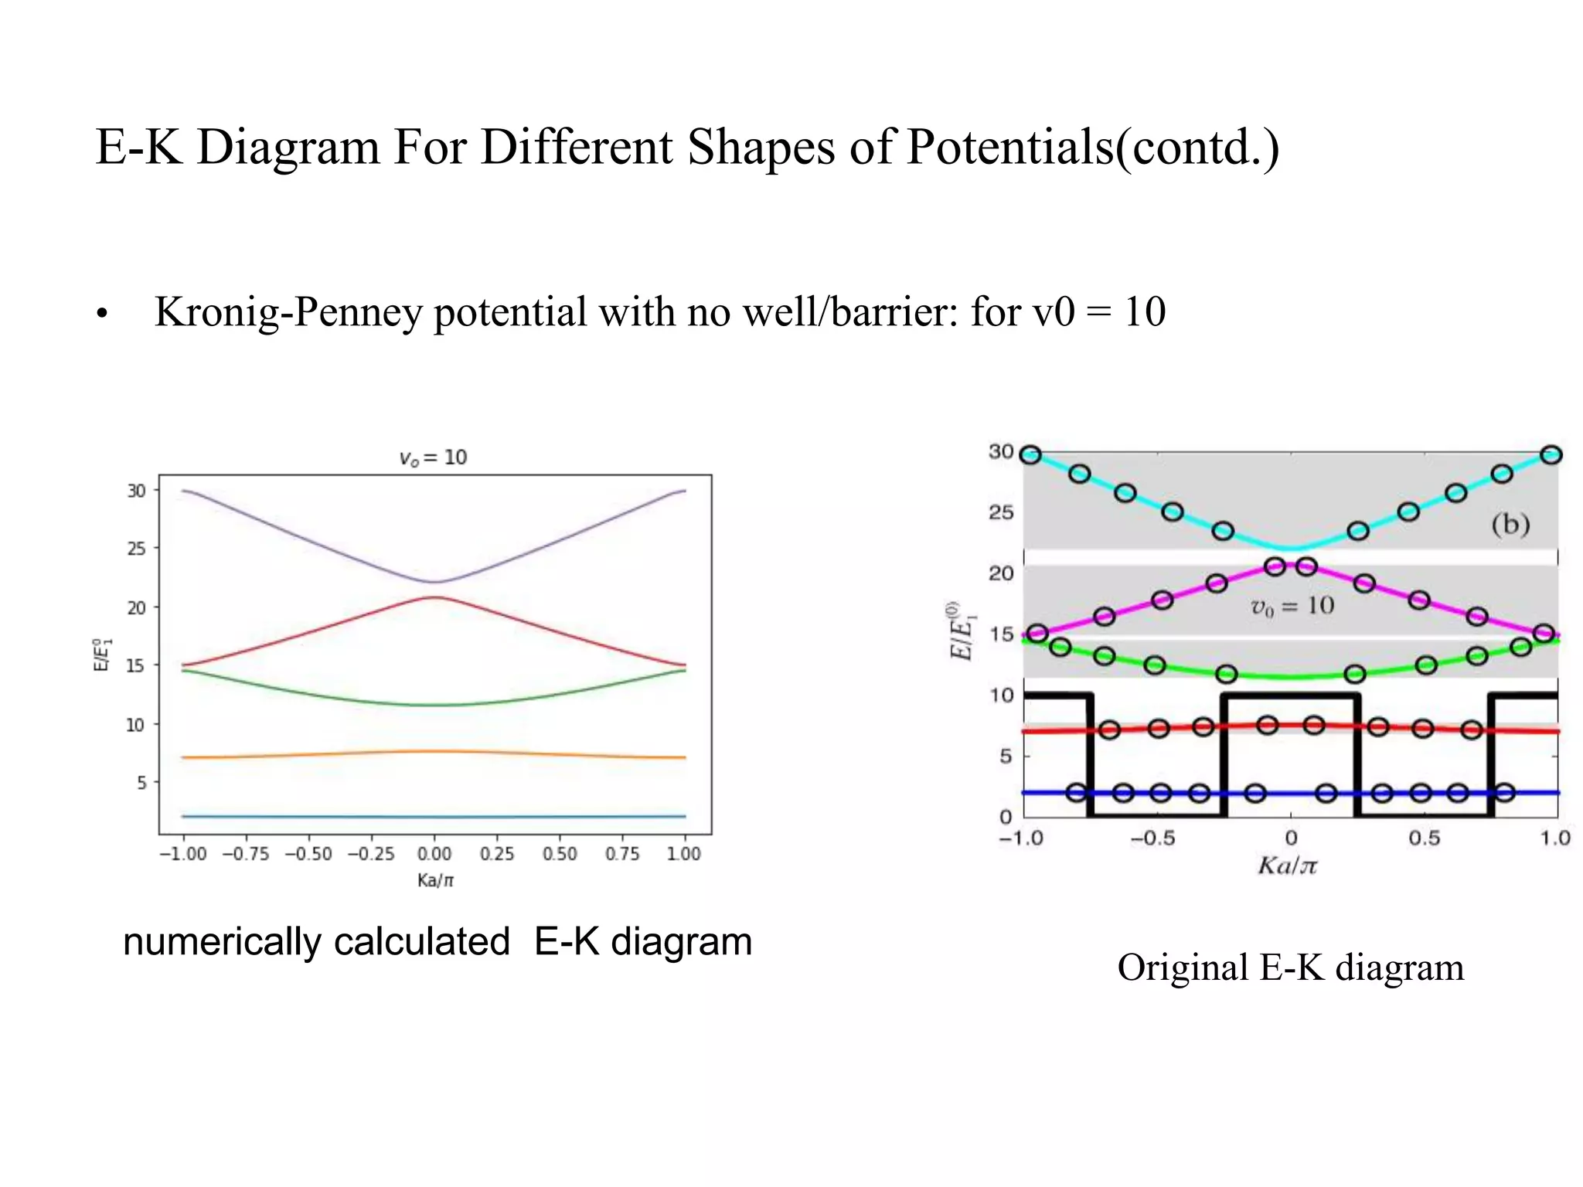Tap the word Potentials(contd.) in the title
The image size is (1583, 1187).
pyautogui.click(x=1093, y=147)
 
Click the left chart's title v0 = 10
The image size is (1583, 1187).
pyautogui.click(x=433, y=457)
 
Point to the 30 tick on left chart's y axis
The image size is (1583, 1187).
pyautogui.click(x=136, y=491)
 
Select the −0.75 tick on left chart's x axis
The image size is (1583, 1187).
pyautogui.click(x=246, y=854)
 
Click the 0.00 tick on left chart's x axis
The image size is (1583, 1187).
pyautogui.click(x=434, y=854)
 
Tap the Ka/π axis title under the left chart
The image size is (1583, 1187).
pyautogui.click(x=435, y=880)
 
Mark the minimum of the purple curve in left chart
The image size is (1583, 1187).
pyautogui.click(x=434, y=582)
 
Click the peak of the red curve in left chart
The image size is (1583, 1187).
pyautogui.click(x=434, y=597)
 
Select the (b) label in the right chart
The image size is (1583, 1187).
pyautogui.click(x=1510, y=525)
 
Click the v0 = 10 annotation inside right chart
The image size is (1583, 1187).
pyautogui.click(x=1292, y=606)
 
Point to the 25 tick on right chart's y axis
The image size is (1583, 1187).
pyautogui.click(x=1001, y=512)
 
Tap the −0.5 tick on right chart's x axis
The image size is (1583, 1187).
pyautogui.click(x=1152, y=838)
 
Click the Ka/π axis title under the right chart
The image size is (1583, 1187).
pyautogui.click(x=1287, y=866)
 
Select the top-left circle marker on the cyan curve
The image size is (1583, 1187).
pyautogui.click(x=1030, y=455)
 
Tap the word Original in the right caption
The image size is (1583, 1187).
pyautogui.click(x=1183, y=968)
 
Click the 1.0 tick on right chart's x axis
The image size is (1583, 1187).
pyautogui.click(x=1555, y=838)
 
